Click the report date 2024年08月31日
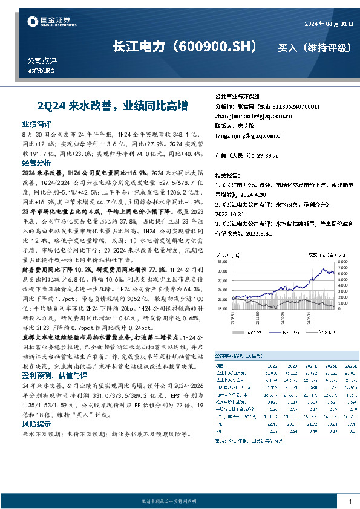click(326, 24)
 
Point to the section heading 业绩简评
click(36, 123)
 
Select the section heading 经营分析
click(36, 163)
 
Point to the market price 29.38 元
click(267, 155)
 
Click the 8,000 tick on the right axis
click(342, 262)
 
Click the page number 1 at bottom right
click(350, 502)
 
